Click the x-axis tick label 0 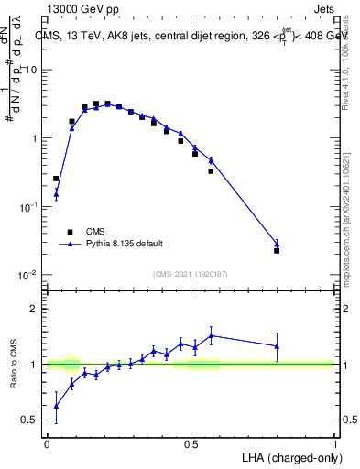pyautogui.click(x=47, y=443)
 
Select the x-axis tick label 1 pyautogui.click(x=335, y=443)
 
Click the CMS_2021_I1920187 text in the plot pyautogui.click(x=190, y=274)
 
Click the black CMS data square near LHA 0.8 pyautogui.click(x=277, y=250)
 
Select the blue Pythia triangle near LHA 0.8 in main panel pyautogui.click(x=277, y=244)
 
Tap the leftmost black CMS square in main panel pyautogui.click(x=56, y=179)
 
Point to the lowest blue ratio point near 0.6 pyautogui.click(x=56, y=406)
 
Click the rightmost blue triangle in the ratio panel pyautogui.click(x=277, y=345)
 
